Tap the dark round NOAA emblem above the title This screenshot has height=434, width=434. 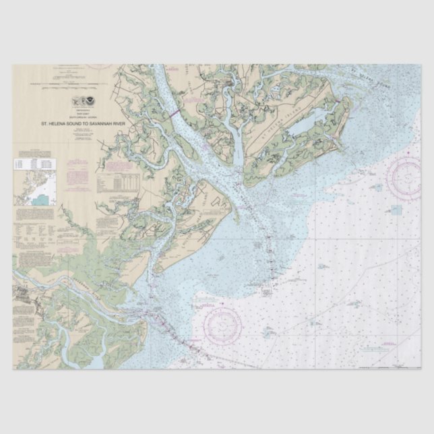[x=87, y=101]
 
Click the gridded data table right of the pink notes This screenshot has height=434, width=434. [x=111, y=182]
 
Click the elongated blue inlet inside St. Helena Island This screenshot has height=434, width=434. [x=307, y=125]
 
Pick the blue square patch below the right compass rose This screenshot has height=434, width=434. [x=396, y=210]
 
